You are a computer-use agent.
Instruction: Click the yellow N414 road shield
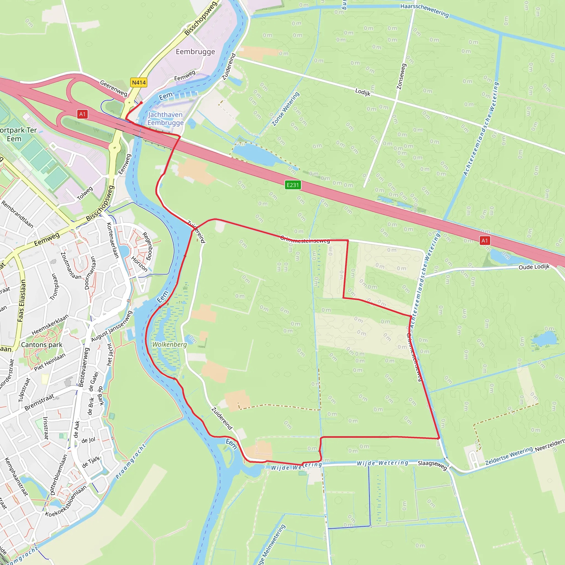pos(138,82)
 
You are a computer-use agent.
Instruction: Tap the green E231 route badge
pos(293,185)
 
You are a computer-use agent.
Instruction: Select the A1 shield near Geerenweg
pos(82,114)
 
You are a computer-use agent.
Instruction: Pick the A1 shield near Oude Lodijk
pos(484,241)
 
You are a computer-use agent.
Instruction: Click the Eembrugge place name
pos(195,52)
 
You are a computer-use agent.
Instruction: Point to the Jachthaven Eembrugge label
pos(166,119)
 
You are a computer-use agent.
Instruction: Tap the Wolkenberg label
pos(170,345)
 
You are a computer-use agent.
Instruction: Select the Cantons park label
pos(42,345)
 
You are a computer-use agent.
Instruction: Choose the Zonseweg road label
pos(401,76)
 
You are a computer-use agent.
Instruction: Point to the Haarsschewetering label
pos(424,10)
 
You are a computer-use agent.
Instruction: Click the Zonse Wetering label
pos(286,109)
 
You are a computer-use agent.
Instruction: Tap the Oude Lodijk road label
pos(534,267)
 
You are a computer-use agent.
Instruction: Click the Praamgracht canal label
pos(130,462)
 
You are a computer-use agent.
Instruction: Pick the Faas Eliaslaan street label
pos(21,301)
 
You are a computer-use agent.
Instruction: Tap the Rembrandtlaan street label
pos(17,214)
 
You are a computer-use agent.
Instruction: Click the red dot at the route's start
pos(141,103)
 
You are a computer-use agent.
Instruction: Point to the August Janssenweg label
pos(112,326)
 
